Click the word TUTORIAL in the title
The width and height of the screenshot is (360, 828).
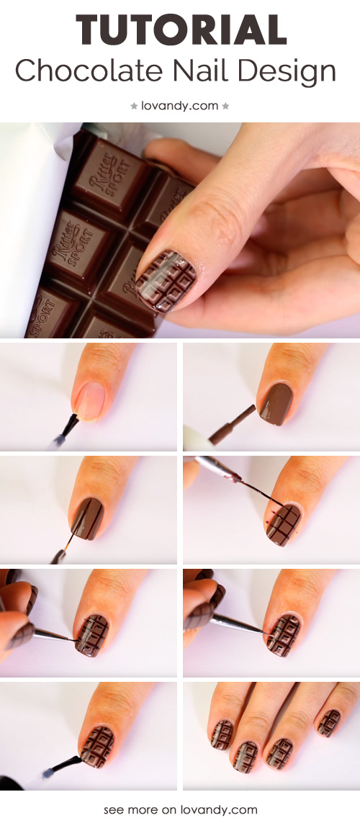click(181, 30)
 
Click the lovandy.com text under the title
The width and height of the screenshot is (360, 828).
click(179, 106)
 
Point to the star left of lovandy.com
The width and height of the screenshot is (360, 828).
click(134, 106)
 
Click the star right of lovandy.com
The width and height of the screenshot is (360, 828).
click(225, 106)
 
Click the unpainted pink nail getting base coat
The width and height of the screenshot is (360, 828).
click(91, 402)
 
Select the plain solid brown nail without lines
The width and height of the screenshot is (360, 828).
click(275, 404)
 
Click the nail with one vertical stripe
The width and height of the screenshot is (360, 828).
click(88, 518)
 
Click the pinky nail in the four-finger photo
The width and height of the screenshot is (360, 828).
click(329, 722)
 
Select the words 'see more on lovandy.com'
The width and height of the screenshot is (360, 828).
click(180, 809)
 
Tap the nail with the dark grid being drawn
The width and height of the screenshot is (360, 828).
click(284, 525)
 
